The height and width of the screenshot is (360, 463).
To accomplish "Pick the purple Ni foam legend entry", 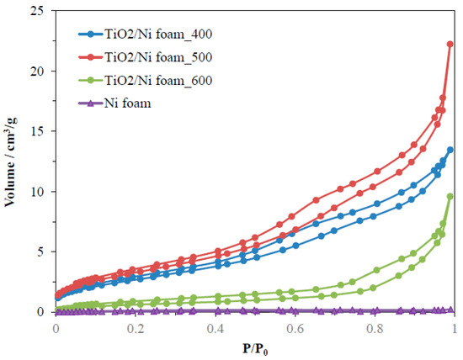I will coord(125,104).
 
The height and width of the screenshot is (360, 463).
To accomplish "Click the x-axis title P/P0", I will coord(253,345).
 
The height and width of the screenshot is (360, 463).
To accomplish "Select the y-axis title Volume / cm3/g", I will coord(13,161).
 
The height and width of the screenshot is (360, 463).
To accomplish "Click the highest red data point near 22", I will coord(450,45).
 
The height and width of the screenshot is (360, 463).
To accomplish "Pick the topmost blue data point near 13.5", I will coord(450,150).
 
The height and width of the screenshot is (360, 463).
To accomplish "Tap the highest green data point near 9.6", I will coord(450,196).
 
